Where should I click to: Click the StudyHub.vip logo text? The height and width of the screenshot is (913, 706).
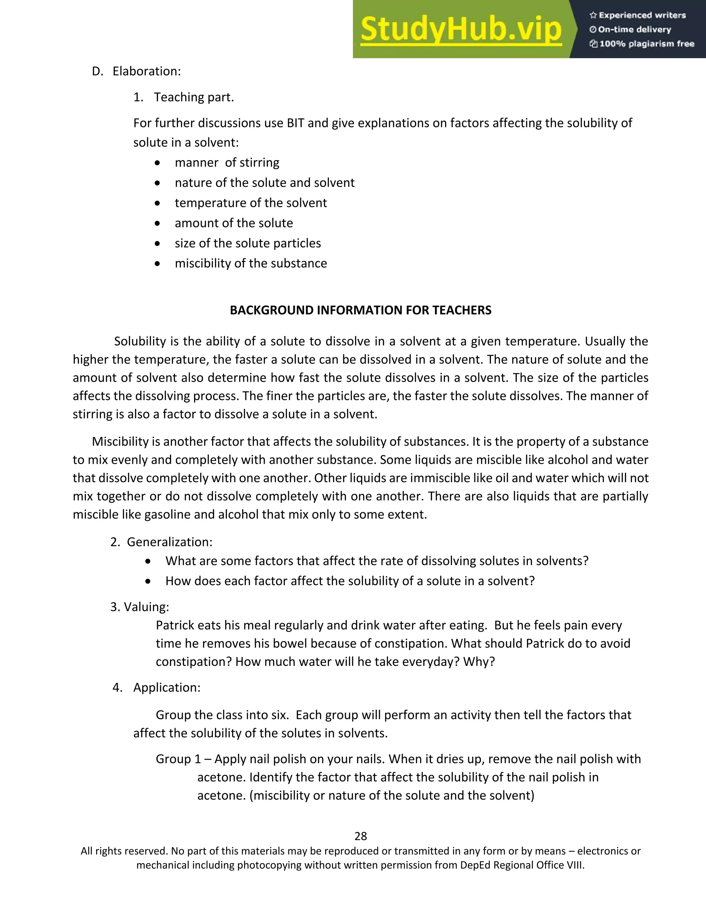[x=461, y=30]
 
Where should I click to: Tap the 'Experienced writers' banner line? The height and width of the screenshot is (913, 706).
[x=638, y=16]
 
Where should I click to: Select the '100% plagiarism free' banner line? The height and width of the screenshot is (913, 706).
[x=642, y=44]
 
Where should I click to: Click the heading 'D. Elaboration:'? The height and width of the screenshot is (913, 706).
[x=137, y=71]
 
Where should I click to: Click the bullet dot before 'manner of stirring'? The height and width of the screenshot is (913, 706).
[x=157, y=163]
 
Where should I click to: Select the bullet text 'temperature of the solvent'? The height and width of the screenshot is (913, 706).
[x=251, y=203]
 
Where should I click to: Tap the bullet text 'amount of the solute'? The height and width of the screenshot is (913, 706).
[x=233, y=223]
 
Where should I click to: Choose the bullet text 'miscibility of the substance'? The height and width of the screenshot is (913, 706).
[x=251, y=263]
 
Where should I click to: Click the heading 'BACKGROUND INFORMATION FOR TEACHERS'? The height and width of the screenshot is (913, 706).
[x=361, y=310]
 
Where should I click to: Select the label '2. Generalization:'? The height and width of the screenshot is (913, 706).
[x=161, y=542]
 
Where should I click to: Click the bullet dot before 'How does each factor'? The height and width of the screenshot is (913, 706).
[x=148, y=582]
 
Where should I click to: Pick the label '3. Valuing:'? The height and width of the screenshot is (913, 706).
[x=140, y=607]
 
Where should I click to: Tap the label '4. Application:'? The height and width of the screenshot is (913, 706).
[x=157, y=688]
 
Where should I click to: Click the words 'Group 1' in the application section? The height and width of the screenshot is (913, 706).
[x=178, y=759]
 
